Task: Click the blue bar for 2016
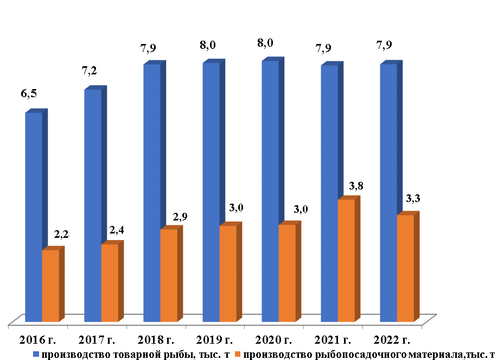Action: click(x=34, y=217)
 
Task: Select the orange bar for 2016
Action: click(x=50, y=285)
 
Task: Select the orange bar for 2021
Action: click(x=346, y=260)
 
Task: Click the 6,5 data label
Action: click(x=29, y=94)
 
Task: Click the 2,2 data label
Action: click(x=61, y=235)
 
